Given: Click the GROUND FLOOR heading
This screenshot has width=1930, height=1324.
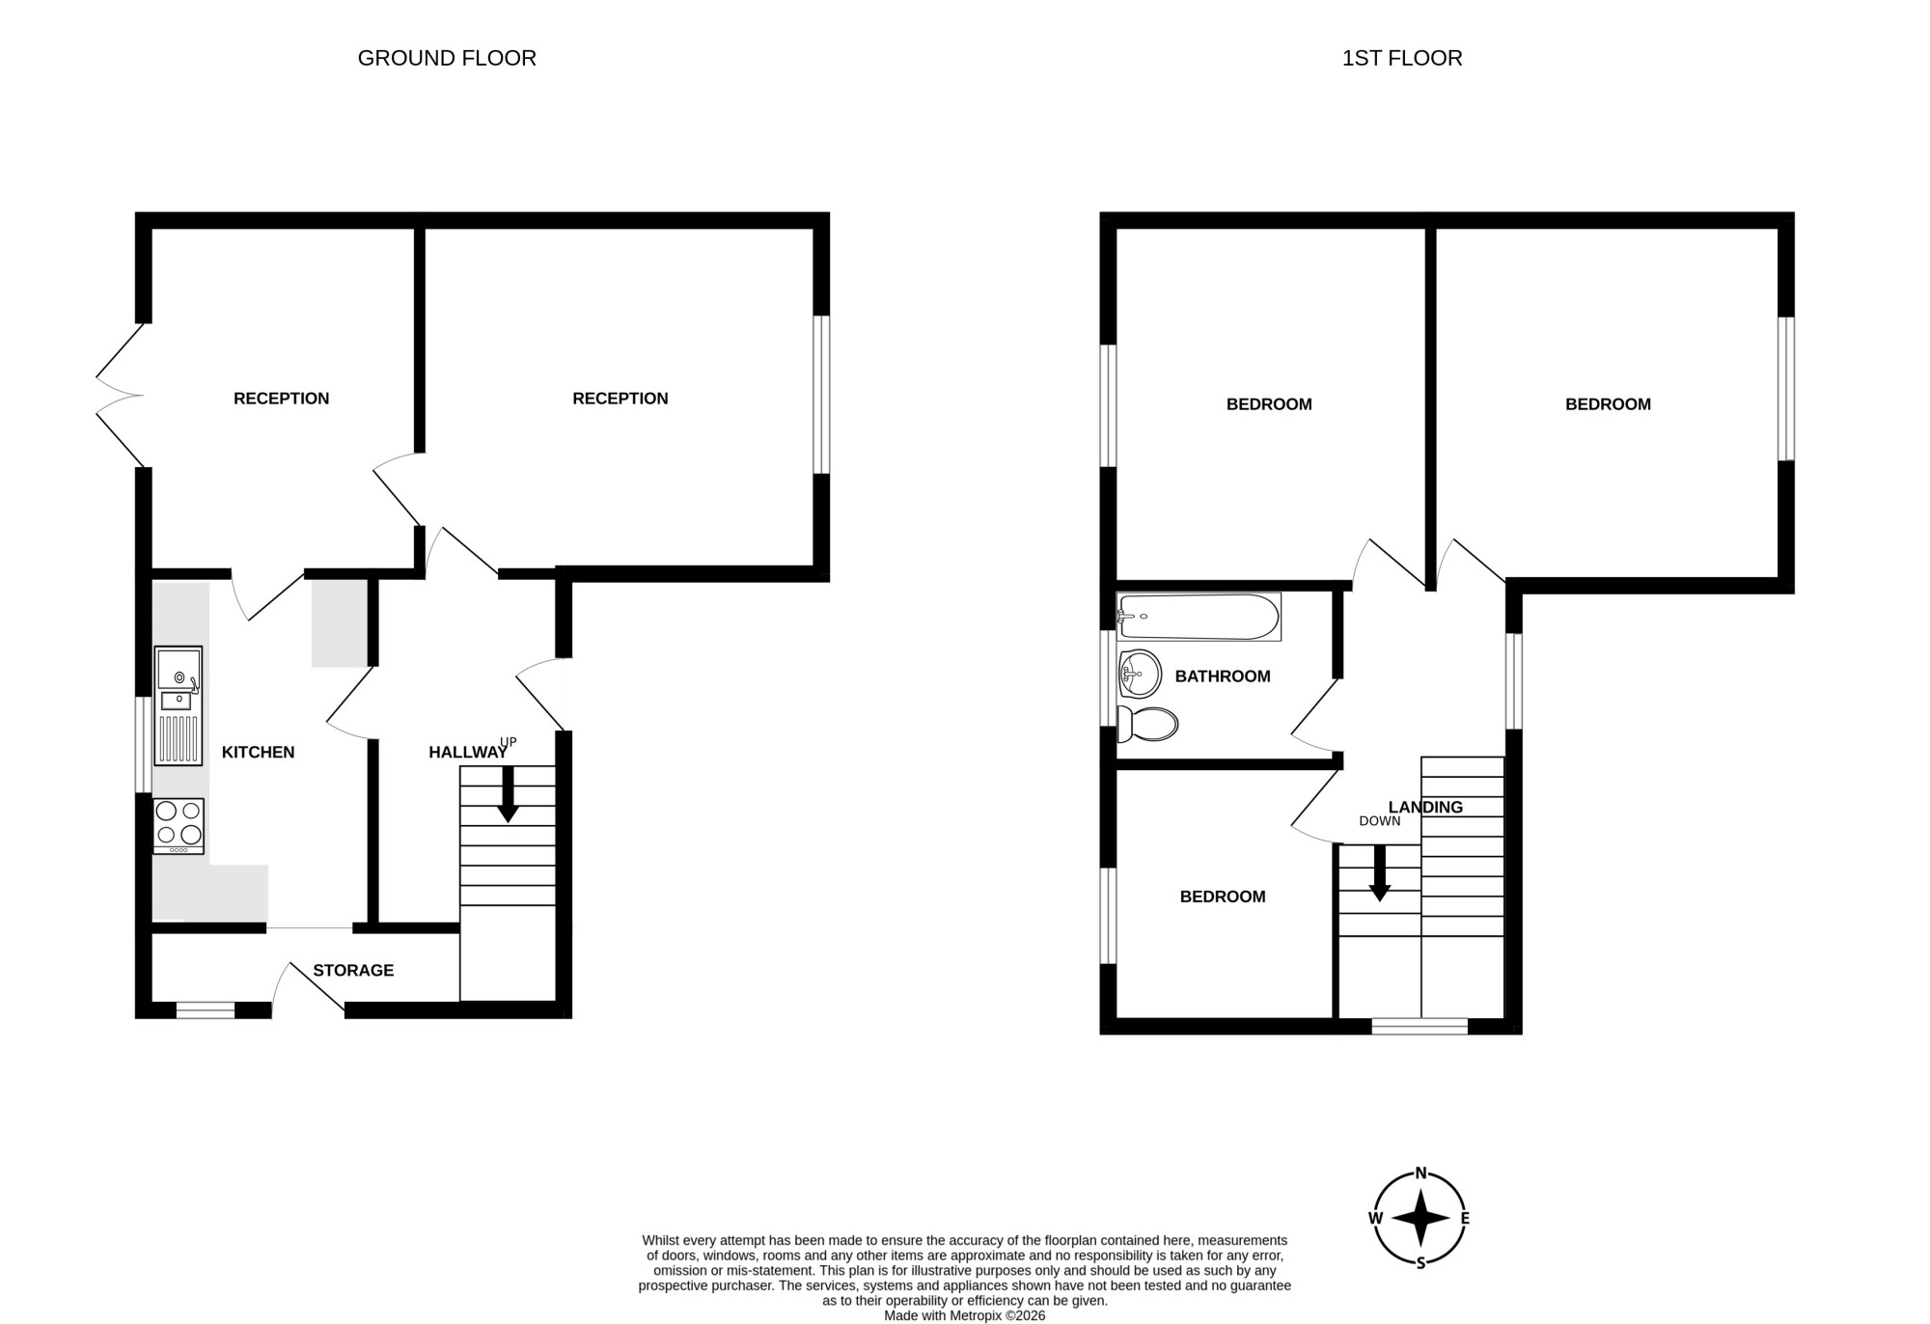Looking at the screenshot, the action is click(447, 58).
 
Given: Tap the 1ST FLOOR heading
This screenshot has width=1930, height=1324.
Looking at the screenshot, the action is click(1402, 58).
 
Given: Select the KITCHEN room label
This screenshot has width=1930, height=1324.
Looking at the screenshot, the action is click(259, 753).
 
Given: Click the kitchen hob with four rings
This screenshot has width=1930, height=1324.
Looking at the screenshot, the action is click(179, 826).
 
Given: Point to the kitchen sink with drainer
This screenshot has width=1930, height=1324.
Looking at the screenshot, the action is click(179, 705).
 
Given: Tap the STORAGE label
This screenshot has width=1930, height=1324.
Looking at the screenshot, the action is click(353, 971).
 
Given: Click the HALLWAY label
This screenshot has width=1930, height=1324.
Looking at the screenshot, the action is click(468, 753).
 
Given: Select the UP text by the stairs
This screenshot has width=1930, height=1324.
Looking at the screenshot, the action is click(509, 742).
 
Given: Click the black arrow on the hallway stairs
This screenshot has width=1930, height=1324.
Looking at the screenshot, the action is click(508, 794).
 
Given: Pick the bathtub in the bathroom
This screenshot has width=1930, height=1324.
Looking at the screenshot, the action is click(1199, 617).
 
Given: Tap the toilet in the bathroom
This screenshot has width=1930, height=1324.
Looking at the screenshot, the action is click(1147, 724).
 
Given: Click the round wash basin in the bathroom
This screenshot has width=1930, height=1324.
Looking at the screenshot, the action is click(1140, 674).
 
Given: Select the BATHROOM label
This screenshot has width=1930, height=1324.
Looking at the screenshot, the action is click(1223, 676).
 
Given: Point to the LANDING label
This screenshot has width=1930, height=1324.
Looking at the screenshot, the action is click(1425, 808).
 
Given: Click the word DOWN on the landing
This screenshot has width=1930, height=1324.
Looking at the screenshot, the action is click(1380, 821).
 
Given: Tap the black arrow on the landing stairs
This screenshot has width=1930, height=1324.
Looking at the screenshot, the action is click(1380, 873).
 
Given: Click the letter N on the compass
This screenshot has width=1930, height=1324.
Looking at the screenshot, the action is click(1421, 1173).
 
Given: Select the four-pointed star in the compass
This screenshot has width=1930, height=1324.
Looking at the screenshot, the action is click(1420, 1218).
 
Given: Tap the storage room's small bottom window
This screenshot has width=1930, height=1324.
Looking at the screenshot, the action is click(206, 1010).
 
